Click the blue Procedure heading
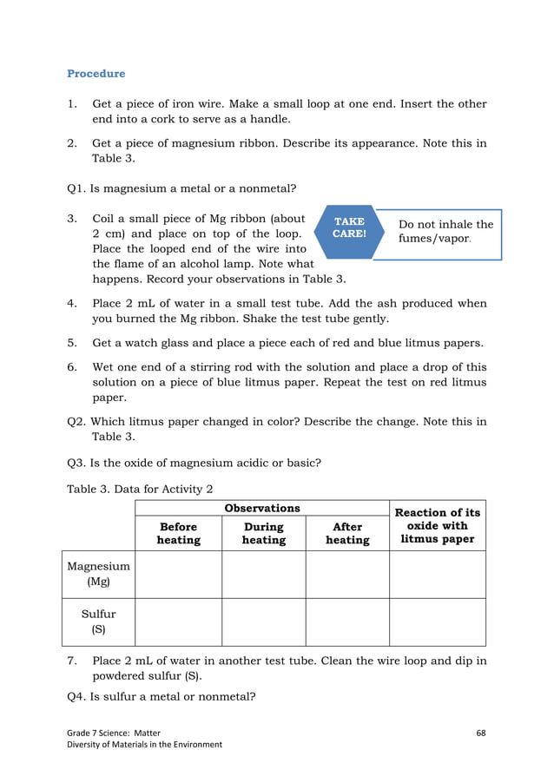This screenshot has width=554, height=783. [96, 74]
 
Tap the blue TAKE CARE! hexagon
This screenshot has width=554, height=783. [349, 228]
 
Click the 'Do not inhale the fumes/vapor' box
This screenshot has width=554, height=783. [445, 231]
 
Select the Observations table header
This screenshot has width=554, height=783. [262, 509]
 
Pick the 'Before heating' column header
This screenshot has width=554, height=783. [178, 533]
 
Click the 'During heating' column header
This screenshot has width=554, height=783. [263, 533]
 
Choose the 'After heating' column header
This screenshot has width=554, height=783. [347, 533]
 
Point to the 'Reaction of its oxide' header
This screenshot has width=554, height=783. [438, 525]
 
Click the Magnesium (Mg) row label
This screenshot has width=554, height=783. [98, 574]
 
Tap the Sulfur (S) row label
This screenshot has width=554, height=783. [98, 622]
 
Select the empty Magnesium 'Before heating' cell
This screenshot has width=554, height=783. [178, 574]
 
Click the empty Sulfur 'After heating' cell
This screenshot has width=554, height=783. [347, 622]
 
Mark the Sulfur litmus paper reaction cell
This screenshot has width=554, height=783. [438, 622]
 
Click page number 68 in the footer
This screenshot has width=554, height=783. [481, 733]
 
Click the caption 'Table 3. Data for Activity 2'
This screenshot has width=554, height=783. [140, 489]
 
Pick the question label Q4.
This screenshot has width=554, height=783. [77, 696]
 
